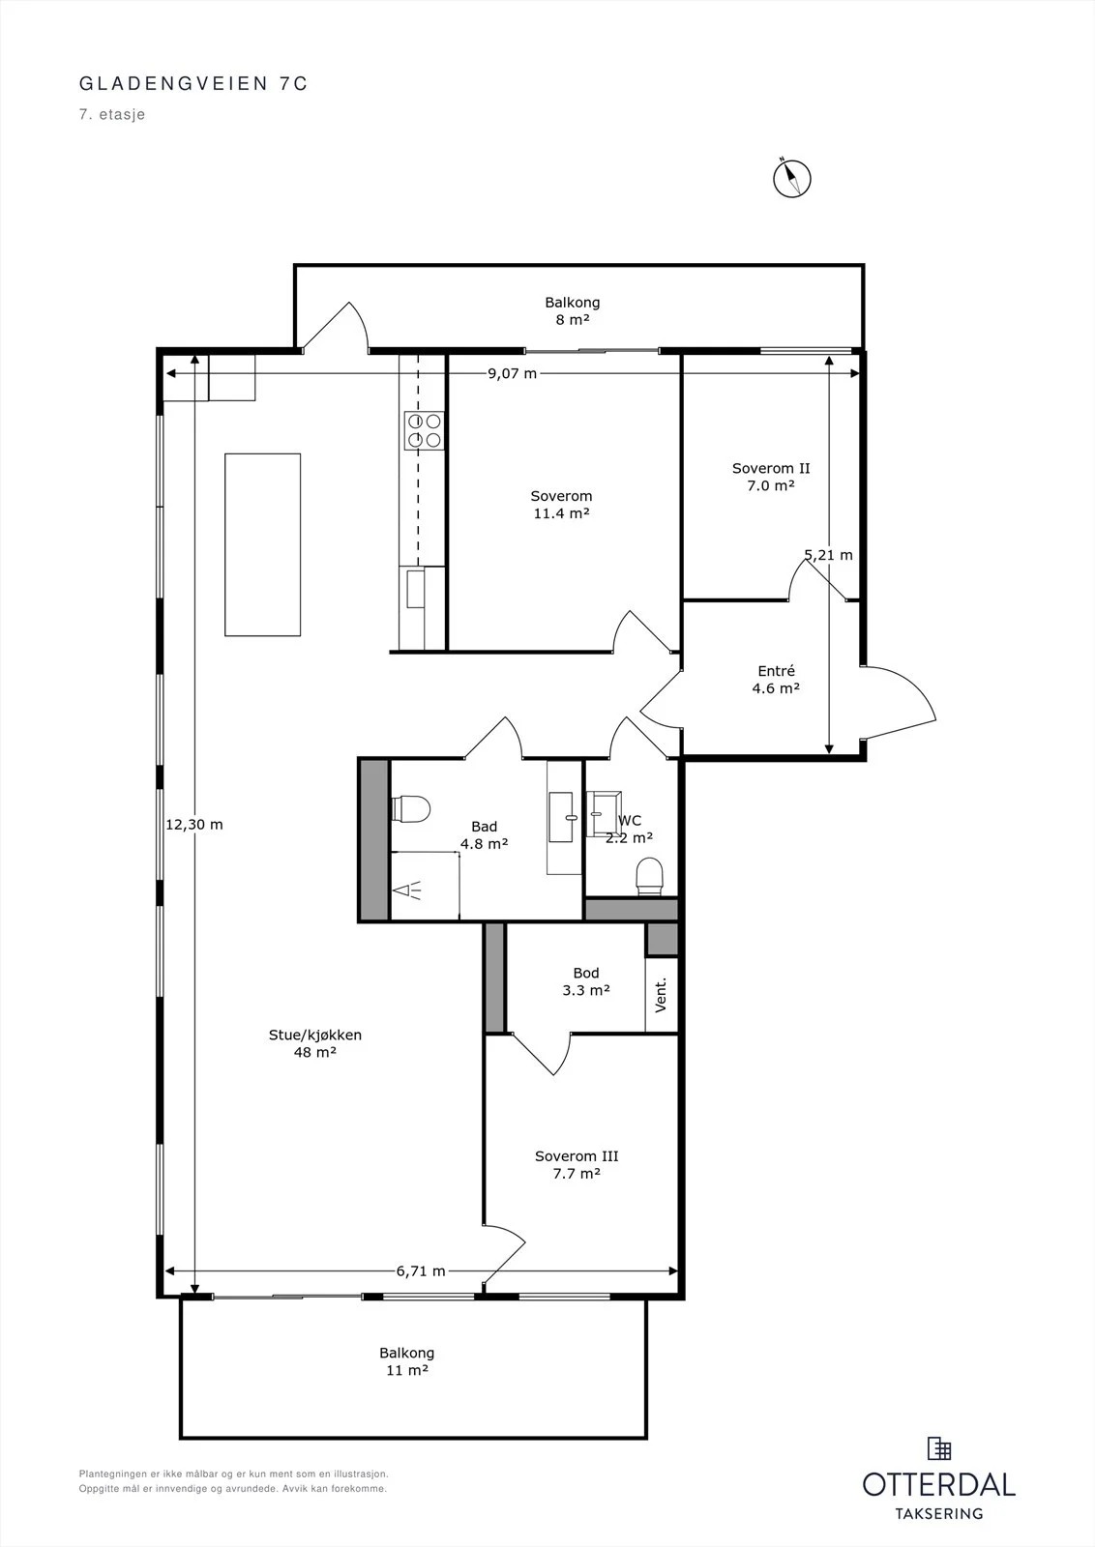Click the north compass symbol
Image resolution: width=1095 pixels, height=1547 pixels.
(791, 178)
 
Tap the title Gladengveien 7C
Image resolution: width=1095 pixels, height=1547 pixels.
(193, 83)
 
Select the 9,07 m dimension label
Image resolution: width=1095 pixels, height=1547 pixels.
(512, 373)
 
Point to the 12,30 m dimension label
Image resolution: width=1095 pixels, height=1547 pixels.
(194, 824)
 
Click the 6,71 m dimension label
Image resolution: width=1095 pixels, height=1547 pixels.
(421, 1270)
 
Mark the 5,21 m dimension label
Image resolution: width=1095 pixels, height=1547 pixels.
(828, 555)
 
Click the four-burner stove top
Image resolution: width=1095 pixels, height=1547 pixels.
(425, 430)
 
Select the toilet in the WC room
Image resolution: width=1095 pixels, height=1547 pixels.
(649, 875)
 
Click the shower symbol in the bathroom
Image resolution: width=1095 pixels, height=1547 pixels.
(407, 890)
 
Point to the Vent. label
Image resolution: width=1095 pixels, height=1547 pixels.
(661, 995)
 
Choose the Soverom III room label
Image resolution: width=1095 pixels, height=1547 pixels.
(577, 1164)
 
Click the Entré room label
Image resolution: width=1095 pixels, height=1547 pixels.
(776, 679)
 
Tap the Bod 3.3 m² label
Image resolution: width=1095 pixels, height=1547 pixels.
(586, 980)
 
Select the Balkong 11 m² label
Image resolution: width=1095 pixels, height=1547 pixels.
(407, 1361)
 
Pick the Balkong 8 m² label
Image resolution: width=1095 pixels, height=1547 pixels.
(572, 310)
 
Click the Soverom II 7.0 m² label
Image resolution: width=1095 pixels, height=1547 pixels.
(771, 477)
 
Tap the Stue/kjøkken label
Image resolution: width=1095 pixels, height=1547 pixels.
(315, 1043)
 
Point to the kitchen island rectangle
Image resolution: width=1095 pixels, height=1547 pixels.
(262, 544)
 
